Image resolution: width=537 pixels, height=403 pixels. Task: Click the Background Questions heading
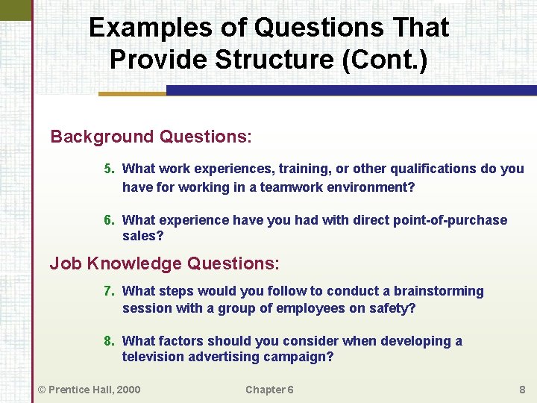click(151, 137)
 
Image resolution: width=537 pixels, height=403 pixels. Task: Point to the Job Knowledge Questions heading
click(164, 263)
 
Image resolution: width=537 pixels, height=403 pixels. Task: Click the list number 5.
click(109, 169)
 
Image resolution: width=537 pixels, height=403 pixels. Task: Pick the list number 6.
click(109, 220)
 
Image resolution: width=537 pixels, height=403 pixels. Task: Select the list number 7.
click(109, 291)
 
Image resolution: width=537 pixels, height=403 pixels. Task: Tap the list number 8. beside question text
click(109, 341)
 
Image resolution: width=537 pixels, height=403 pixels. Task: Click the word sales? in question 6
click(142, 237)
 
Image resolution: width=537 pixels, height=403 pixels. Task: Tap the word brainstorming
click(439, 291)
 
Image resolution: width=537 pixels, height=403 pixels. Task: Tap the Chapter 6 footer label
click(269, 389)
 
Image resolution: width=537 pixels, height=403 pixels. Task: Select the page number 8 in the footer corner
click(522, 389)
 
